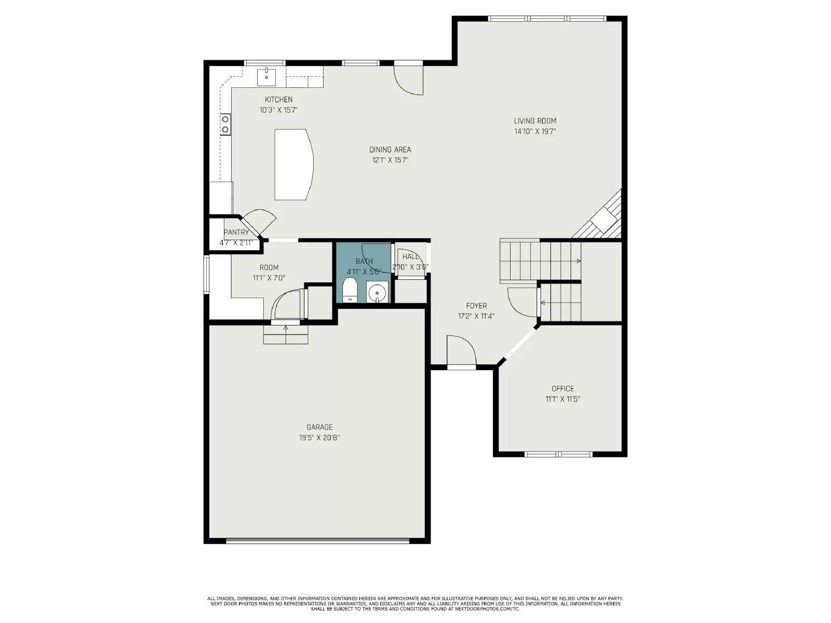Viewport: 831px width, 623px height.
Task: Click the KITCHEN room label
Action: click(x=278, y=100)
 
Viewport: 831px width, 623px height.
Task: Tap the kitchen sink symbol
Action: click(x=266, y=76)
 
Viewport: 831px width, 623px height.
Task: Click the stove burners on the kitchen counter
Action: click(x=226, y=125)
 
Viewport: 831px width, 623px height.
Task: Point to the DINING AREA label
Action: click(x=390, y=150)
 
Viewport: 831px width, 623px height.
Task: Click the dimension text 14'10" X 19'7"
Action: click(x=535, y=132)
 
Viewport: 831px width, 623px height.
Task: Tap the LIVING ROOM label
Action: click(x=535, y=121)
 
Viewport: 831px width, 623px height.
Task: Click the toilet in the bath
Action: click(x=350, y=290)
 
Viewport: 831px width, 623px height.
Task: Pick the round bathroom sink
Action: click(x=377, y=293)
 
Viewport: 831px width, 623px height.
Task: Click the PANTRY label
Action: click(x=236, y=232)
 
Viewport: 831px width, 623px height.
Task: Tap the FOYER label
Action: click(x=476, y=306)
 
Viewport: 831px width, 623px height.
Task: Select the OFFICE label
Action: click(x=562, y=388)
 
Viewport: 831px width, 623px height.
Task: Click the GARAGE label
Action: click(x=319, y=427)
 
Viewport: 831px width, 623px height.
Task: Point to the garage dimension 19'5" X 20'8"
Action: click(x=319, y=438)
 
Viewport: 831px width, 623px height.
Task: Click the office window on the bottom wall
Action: click(x=558, y=454)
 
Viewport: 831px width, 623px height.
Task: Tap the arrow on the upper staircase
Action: click(x=578, y=261)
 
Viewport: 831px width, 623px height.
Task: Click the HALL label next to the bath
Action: click(x=410, y=256)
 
